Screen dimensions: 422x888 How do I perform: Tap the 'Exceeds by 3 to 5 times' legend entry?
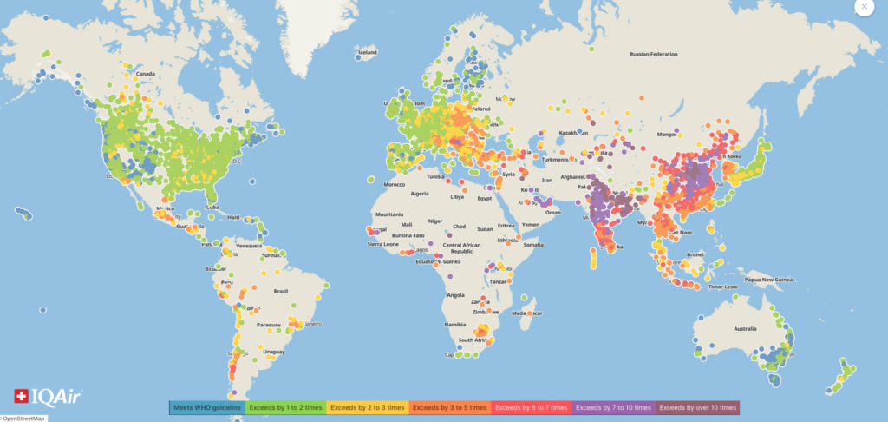coord(450,407)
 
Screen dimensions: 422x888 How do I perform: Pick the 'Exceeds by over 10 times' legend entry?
coord(697,407)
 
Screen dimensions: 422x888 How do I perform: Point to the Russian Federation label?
coord(652,55)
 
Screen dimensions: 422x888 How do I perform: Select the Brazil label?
coord(279,291)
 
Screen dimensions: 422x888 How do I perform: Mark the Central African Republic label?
coord(455,246)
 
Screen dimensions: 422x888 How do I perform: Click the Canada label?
coord(144,74)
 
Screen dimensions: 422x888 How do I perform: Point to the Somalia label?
coord(534,246)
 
